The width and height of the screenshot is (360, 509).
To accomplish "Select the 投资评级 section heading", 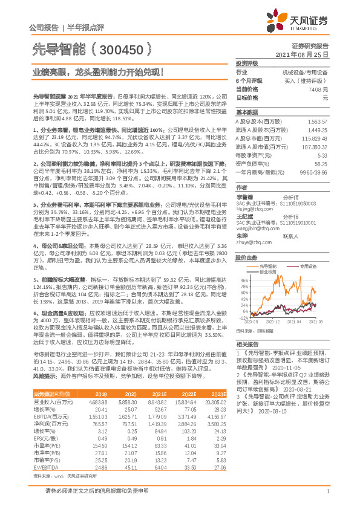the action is click(247, 63).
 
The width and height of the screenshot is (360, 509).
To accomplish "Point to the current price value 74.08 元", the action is click(318, 89).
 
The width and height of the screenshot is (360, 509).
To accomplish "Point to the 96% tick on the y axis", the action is click(244, 280).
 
